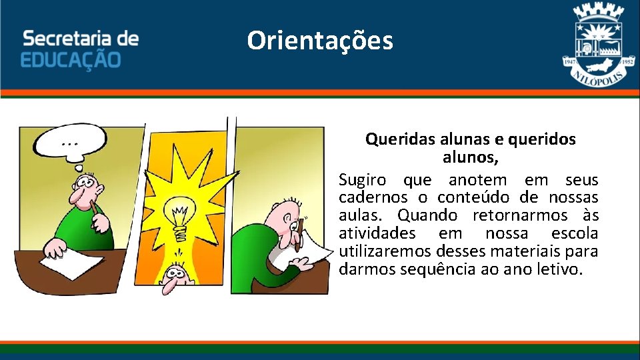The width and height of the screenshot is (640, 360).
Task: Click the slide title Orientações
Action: coord(320,41)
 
